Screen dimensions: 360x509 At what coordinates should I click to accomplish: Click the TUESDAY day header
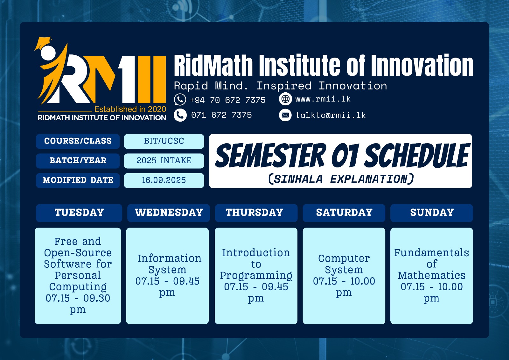79,213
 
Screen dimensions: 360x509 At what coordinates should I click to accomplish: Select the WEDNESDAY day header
169,213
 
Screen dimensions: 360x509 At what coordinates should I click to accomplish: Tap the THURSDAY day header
254,213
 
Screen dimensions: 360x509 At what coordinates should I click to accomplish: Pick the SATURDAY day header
344,213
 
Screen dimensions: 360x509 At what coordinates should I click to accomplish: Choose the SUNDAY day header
432,213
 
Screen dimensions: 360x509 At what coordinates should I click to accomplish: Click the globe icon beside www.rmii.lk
285,99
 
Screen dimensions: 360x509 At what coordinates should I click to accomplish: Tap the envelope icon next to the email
285,115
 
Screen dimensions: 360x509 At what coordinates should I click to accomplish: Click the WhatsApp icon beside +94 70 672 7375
180,100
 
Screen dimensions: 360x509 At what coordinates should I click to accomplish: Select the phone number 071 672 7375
221,115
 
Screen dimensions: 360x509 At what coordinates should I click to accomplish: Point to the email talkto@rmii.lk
331,115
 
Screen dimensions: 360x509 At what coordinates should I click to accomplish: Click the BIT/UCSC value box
164,141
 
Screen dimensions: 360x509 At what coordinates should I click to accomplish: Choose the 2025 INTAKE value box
164,160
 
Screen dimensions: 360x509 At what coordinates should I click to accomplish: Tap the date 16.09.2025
164,180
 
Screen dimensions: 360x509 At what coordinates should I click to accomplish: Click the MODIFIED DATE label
78,180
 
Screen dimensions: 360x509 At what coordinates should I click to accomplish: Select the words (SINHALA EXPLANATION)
341,179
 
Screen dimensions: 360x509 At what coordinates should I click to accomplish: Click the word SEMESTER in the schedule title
271,156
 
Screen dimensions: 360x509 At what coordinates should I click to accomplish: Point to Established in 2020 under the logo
130,109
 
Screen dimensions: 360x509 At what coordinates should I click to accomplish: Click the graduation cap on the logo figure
44,43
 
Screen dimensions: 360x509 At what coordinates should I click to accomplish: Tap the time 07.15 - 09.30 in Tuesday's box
78,298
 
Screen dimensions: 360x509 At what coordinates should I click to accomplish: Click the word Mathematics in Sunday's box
432,275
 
